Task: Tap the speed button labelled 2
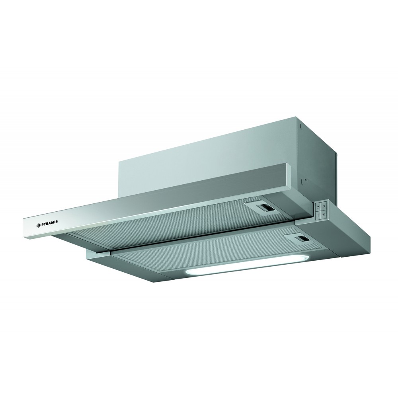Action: [318, 207]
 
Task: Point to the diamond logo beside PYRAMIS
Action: [38, 224]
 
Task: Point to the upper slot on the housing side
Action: [300, 126]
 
